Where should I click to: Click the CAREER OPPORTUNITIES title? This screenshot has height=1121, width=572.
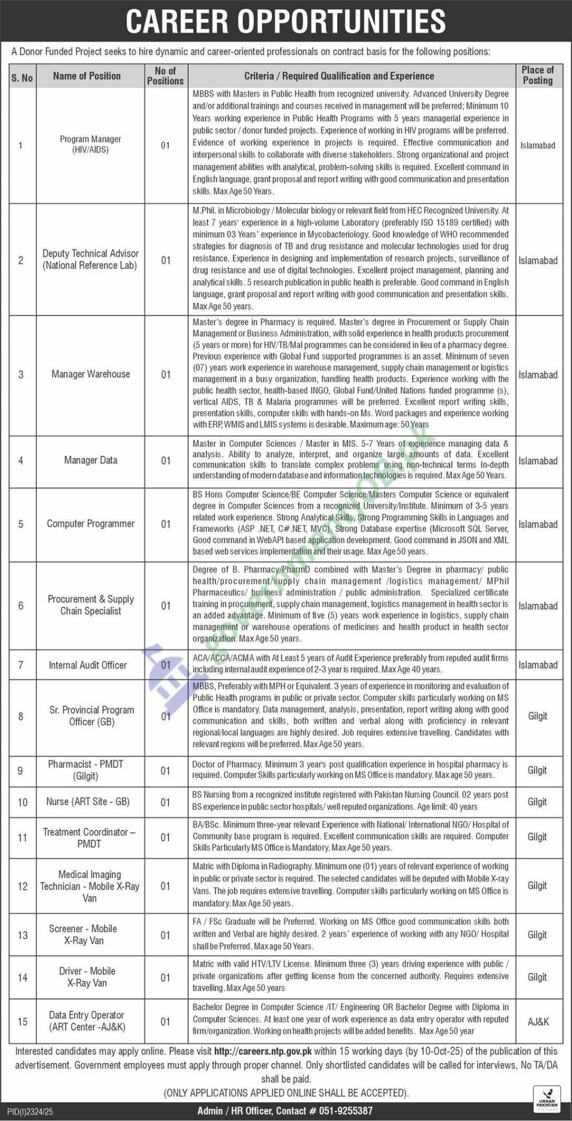(x=285, y=21)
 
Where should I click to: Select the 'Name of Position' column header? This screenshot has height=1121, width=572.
(x=87, y=76)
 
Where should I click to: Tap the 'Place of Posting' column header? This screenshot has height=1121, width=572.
(x=537, y=75)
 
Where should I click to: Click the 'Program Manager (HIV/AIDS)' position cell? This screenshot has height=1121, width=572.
(x=90, y=145)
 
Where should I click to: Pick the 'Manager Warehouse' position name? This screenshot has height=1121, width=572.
(x=90, y=374)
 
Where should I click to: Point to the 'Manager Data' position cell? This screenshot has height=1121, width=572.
(x=90, y=460)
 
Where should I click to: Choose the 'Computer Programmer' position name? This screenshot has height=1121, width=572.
(x=90, y=524)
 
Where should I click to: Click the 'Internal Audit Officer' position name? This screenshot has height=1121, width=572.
(x=88, y=665)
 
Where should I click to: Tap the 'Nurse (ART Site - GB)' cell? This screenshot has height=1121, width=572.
(x=88, y=802)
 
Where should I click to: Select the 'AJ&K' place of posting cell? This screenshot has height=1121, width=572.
(x=538, y=1022)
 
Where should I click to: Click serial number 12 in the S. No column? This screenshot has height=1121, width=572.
(x=22, y=886)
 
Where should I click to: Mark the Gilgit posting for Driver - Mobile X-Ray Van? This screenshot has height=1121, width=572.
(x=537, y=977)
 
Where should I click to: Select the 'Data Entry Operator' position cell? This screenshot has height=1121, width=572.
(x=87, y=1021)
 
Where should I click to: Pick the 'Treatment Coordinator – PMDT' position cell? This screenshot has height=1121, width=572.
(x=89, y=838)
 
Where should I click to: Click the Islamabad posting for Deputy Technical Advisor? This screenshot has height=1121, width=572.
(x=537, y=260)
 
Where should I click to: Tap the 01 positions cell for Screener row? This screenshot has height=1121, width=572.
(x=165, y=935)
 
